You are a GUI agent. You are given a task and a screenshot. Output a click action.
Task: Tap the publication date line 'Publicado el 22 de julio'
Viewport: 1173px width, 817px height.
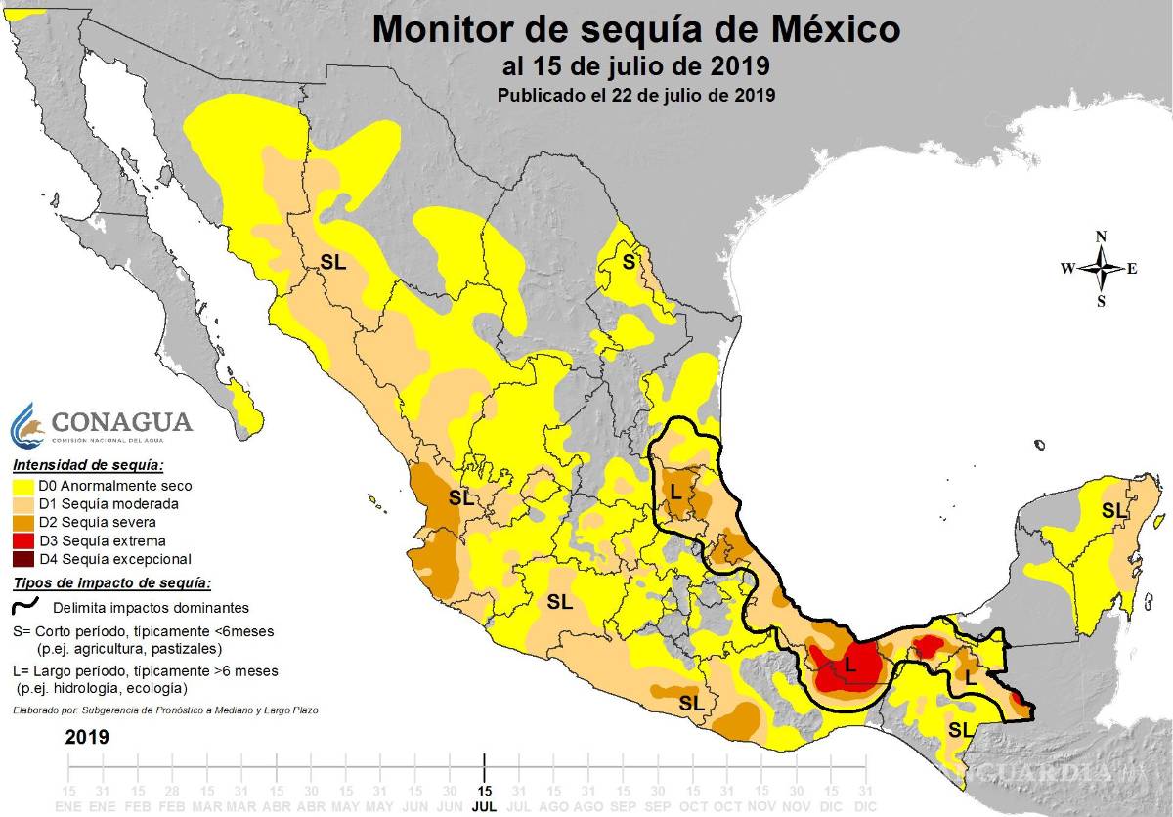pyautogui.click(x=635, y=96)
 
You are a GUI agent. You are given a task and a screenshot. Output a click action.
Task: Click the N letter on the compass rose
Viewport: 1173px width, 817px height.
pyautogui.click(x=1101, y=236)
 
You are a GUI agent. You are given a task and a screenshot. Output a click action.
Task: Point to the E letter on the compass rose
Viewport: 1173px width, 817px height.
pyautogui.click(x=1132, y=269)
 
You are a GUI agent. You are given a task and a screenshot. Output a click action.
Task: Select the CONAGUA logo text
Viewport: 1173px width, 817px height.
pyautogui.click(x=121, y=422)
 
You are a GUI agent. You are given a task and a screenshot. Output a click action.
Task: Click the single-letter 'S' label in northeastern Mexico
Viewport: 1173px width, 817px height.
pyautogui.click(x=629, y=261)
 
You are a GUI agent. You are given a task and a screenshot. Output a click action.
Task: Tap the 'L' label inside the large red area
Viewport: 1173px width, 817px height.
pyautogui.click(x=849, y=666)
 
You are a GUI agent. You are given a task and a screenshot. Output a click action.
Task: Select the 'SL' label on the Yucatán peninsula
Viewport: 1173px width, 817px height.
pyautogui.click(x=1113, y=510)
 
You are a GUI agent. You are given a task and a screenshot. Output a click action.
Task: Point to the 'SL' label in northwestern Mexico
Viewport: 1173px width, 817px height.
pyautogui.click(x=333, y=262)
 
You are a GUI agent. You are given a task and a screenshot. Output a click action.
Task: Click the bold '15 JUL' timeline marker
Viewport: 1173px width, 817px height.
pyautogui.click(x=484, y=796)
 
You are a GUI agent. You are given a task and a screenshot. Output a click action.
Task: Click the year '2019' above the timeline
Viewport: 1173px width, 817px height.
pyautogui.click(x=87, y=736)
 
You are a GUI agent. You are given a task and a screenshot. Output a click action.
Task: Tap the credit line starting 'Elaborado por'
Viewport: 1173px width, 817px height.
pyautogui.click(x=165, y=709)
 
